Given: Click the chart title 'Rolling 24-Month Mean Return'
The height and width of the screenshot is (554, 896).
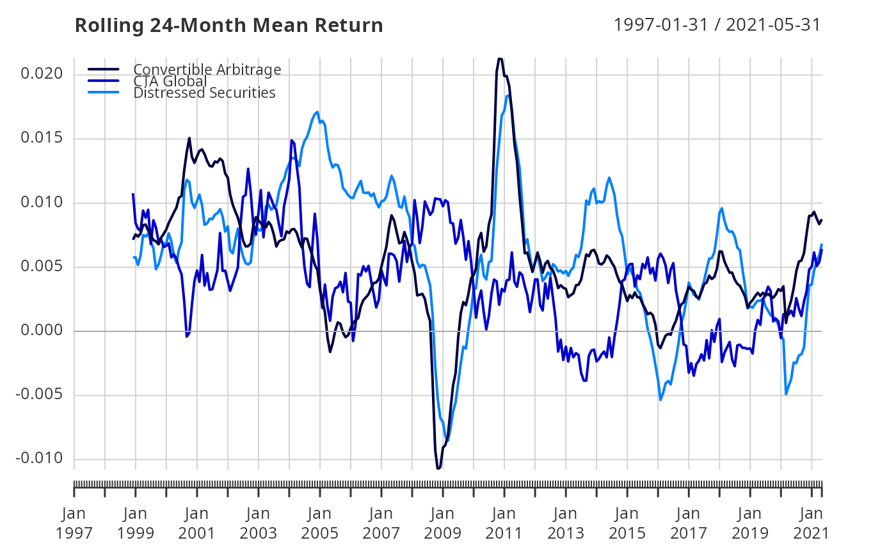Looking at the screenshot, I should (x=228, y=26).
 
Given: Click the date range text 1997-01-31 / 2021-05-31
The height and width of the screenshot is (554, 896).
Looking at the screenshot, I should (x=717, y=25).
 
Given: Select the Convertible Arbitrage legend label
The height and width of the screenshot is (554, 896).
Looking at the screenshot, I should (x=207, y=69).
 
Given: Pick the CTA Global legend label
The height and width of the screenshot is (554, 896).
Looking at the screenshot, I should (x=170, y=81).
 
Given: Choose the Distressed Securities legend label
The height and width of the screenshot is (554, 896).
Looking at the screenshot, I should (x=204, y=93).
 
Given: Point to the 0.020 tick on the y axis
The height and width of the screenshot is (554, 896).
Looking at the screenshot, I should (x=42, y=74).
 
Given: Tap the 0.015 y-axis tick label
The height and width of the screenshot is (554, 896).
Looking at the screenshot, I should (x=42, y=139).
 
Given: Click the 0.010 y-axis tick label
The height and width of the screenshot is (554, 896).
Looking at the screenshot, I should (x=42, y=203).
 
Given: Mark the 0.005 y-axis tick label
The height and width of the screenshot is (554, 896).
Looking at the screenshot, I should (x=42, y=267).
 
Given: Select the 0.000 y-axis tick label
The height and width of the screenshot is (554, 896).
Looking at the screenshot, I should (x=42, y=331).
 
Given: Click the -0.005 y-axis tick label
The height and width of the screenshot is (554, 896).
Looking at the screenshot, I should (x=40, y=395).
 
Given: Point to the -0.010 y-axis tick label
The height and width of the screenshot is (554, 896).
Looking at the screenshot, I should (x=40, y=459).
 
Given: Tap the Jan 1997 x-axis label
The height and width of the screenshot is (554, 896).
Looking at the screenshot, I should (x=74, y=523).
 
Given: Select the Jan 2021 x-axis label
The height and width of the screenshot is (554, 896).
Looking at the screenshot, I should (x=812, y=523).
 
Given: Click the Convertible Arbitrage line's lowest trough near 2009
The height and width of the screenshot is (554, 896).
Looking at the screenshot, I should (x=438, y=468).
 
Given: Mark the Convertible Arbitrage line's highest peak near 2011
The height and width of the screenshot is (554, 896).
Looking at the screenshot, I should (x=500, y=59).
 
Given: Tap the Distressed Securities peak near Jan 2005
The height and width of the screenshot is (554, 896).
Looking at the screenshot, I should (x=317, y=112).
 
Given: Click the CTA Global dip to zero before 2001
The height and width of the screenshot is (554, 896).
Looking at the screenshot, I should (x=187, y=336).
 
